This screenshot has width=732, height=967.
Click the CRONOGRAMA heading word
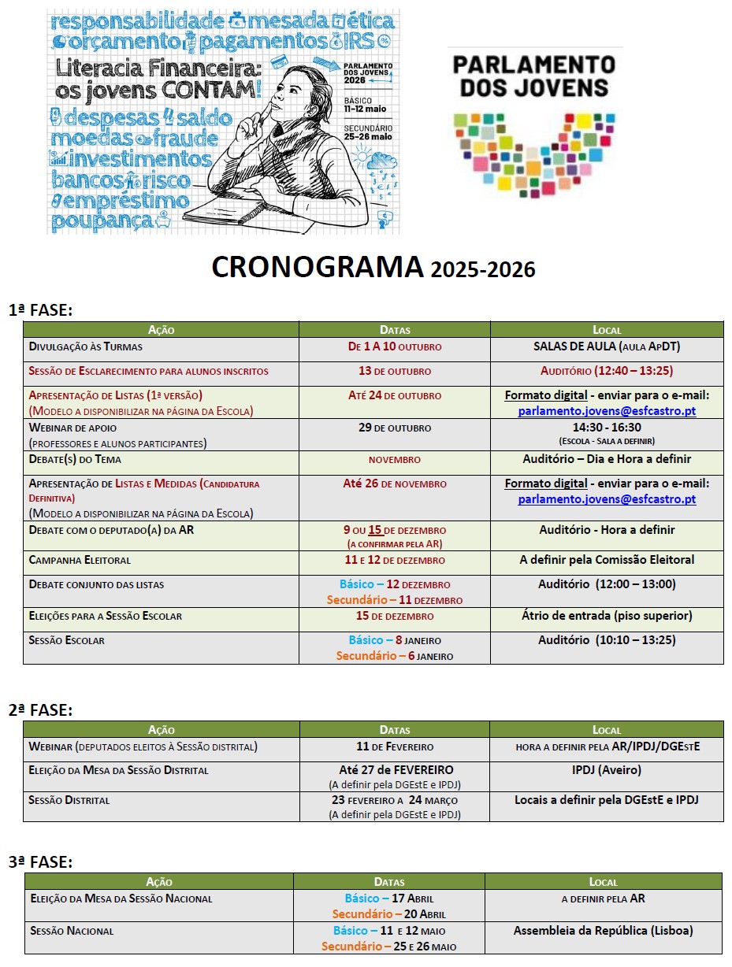click(x=317, y=268)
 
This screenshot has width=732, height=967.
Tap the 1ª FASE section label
click(x=40, y=310)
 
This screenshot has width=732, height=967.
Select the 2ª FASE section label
click(x=40, y=710)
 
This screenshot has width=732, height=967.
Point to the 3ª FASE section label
click(x=40, y=862)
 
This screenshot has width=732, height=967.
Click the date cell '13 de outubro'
click(x=395, y=371)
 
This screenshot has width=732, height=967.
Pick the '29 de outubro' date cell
click(x=395, y=428)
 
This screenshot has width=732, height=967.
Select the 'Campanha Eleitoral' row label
click(x=80, y=560)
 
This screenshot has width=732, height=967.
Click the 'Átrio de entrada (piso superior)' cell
click(x=607, y=616)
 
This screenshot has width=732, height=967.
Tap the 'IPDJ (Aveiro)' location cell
click(x=607, y=769)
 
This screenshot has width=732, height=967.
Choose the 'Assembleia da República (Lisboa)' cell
click(x=604, y=931)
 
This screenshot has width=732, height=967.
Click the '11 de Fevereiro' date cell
click(x=395, y=747)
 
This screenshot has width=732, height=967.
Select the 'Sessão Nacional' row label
click(x=72, y=931)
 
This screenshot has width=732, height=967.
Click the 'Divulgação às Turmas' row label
click(x=85, y=346)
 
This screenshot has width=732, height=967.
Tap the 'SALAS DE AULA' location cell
click(x=607, y=346)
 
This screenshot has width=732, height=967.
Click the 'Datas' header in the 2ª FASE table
click(x=395, y=730)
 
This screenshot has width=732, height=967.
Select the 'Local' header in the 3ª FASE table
click(x=604, y=882)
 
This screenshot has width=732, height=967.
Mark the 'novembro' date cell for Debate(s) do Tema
click(x=395, y=459)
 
